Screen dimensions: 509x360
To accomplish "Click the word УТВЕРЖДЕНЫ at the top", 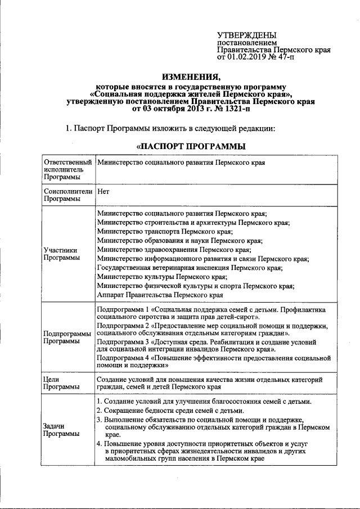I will (x=247, y=35).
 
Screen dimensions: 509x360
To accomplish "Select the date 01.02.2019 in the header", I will (x=246, y=57).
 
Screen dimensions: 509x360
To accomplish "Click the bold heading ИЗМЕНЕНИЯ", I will (x=191, y=76).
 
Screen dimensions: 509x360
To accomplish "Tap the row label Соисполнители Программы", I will (x=67, y=195).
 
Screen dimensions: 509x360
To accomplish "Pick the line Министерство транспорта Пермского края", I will (x=164, y=232).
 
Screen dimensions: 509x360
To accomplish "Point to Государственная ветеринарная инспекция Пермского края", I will (x=190, y=268).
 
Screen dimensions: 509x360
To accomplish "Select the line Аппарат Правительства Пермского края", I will (x=160, y=295).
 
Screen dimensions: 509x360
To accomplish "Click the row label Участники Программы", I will (x=60, y=254).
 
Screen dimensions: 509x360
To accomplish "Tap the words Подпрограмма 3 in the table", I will (x=120, y=341).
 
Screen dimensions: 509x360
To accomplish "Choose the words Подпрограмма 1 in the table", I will (x=120, y=309).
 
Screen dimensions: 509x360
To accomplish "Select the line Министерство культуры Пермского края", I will (x=162, y=277).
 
